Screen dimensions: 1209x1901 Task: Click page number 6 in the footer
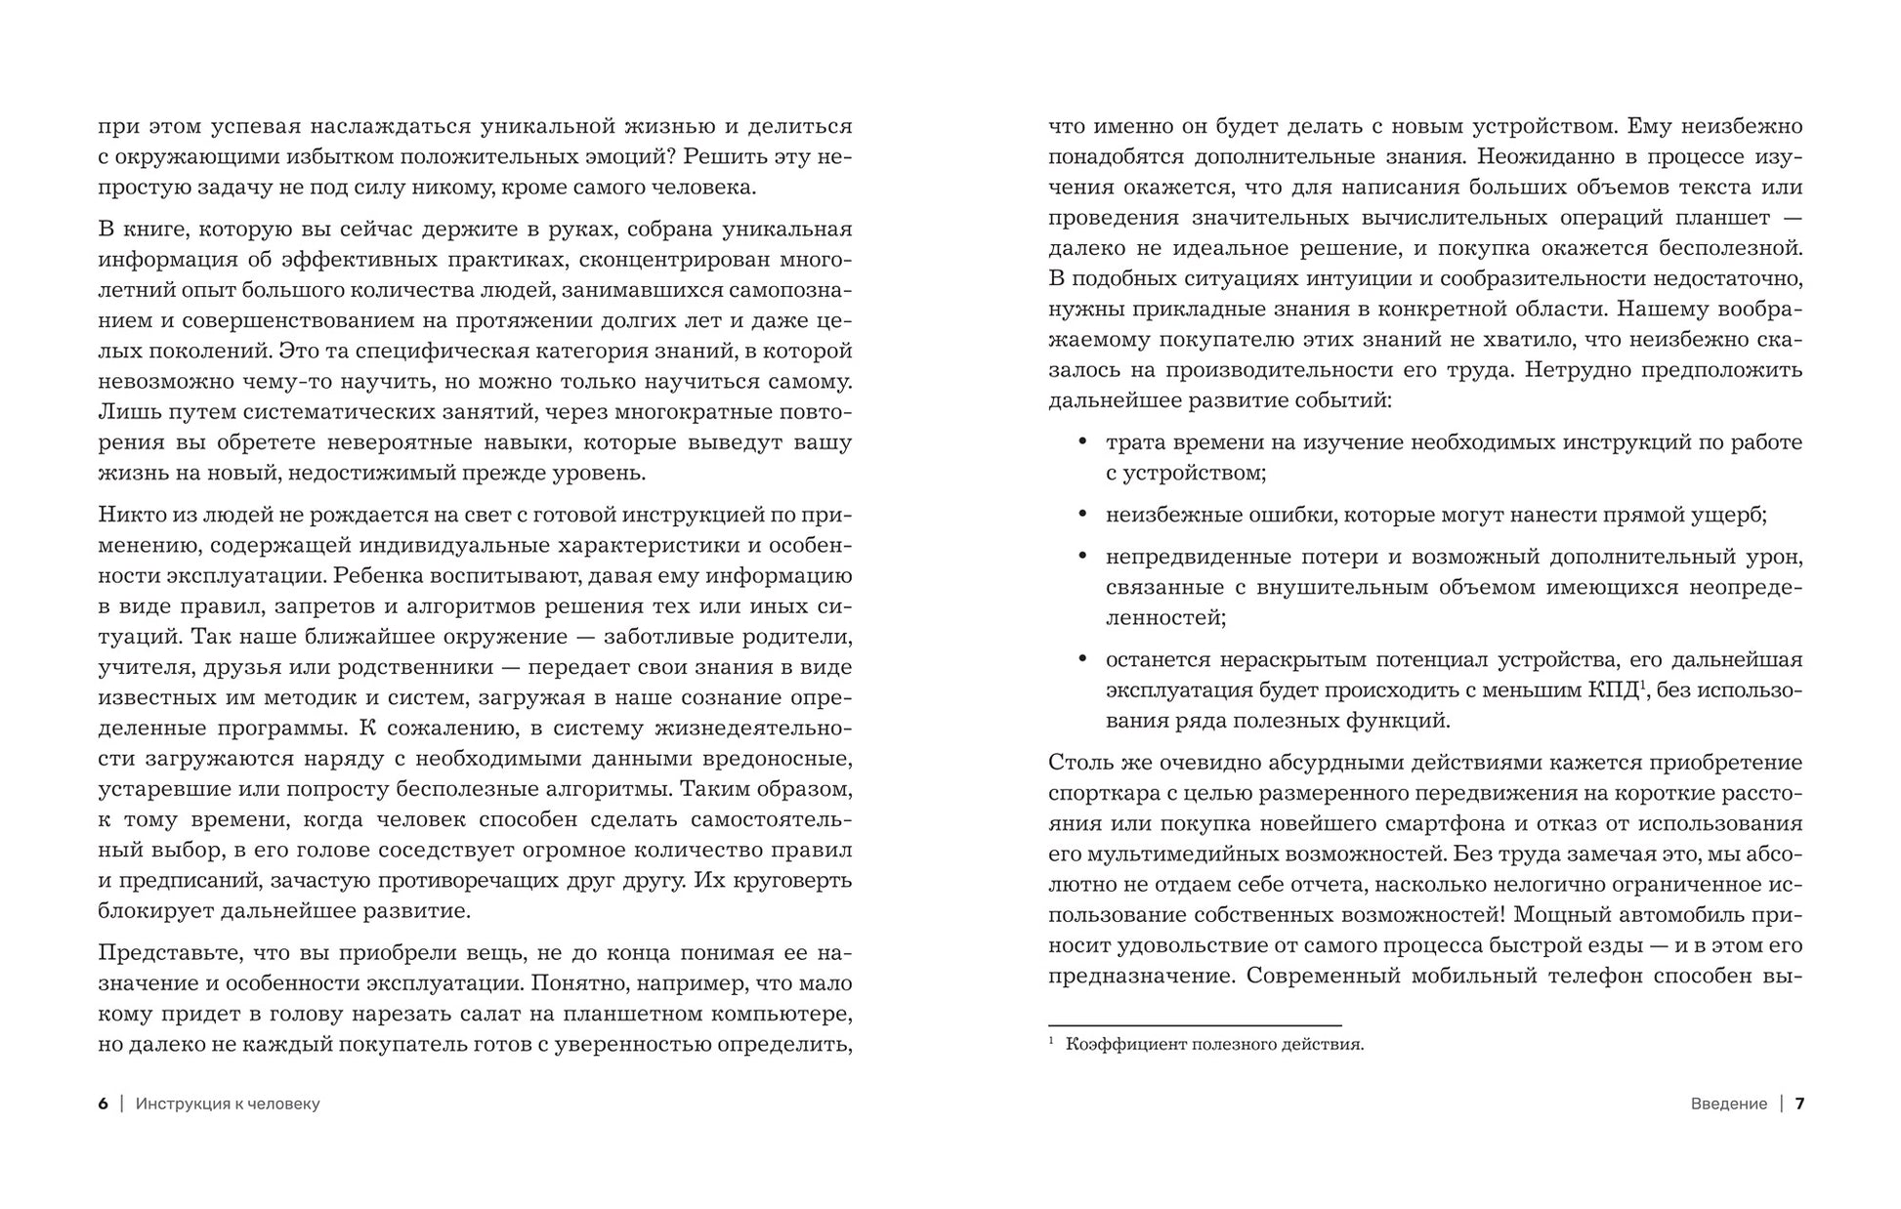pos(104,1104)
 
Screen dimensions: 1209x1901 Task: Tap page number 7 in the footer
pos(1799,1104)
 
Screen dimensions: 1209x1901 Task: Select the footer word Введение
pos(1728,1104)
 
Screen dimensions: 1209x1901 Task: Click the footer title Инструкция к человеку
pos(228,1104)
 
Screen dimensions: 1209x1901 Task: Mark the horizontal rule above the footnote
pos(1195,1025)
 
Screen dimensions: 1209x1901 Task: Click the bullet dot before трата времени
pos(1082,442)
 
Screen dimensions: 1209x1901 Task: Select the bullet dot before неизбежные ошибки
pos(1082,515)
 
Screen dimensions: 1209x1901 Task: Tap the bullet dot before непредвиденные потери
pos(1082,557)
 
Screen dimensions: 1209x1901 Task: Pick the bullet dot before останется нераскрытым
pos(1082,659)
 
